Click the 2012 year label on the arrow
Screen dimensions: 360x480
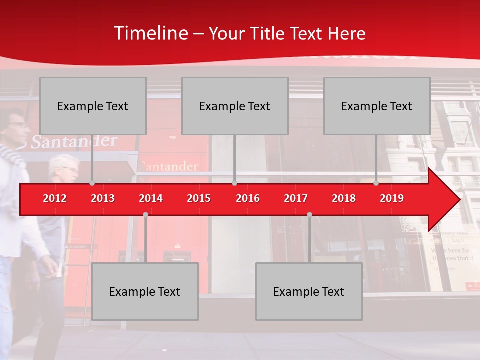pos(55,198)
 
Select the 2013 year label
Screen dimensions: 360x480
pos(103,198)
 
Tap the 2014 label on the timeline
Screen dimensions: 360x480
pos(151,198)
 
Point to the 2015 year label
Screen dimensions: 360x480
pos(199,198)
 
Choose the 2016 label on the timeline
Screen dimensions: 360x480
pos(248,198)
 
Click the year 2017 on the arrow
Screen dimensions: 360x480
pos(296,198)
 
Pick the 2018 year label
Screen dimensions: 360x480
pos(344,198)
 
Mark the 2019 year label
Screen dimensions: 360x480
pos(392,198)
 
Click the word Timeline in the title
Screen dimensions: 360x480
pos(150,33)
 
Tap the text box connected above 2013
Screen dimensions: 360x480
pos(93,106)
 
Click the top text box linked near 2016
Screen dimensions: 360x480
pos(235,106)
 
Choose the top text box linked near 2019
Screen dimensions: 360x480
pos(377,106)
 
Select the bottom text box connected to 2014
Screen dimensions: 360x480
pos(145,291)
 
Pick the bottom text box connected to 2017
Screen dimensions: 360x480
pos(309,291)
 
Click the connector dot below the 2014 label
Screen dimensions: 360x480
pos(145,214)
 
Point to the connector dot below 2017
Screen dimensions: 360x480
pos(309,214)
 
